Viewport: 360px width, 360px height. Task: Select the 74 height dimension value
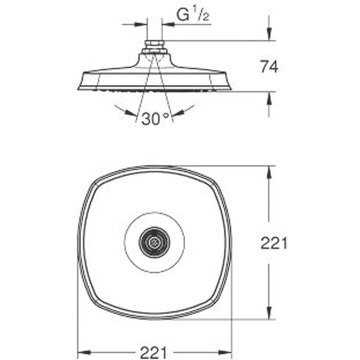tap(269, 67)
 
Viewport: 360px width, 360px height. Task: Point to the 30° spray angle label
tap(155, 119)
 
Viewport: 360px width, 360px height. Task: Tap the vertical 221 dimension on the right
tap(274, 243)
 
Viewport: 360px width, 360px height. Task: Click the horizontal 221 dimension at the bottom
tap(155, 351)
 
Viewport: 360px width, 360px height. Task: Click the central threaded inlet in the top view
tap(154, 243)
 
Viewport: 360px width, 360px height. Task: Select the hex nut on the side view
tap(154, 44)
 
